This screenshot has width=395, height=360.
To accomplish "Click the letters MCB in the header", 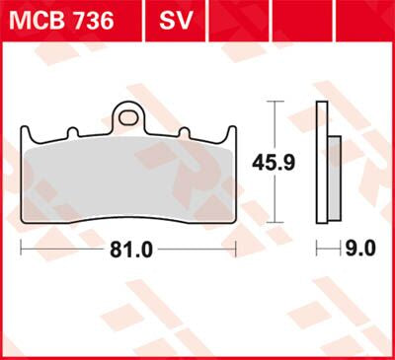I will coord(38,19).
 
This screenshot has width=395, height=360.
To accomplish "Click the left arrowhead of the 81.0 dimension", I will coord(24,250).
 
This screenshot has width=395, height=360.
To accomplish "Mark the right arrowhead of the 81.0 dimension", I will coord(232,250).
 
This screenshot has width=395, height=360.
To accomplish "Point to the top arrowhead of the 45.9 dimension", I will coord(274,106).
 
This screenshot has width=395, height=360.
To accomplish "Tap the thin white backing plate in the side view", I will coord(322,163).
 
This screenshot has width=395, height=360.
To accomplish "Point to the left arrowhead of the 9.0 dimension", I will coord(318,250).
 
